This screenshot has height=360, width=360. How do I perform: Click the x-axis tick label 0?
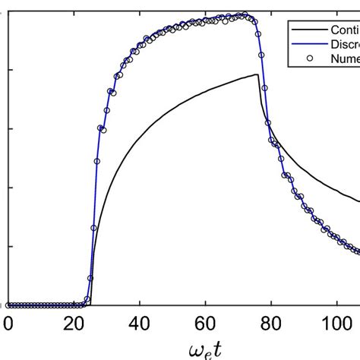tap(8, 323)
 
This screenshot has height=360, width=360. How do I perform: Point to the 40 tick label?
tap(140, 323)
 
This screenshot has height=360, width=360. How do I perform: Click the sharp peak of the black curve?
tap(258, 74)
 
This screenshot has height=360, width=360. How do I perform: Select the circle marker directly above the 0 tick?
tap(8, 305)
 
